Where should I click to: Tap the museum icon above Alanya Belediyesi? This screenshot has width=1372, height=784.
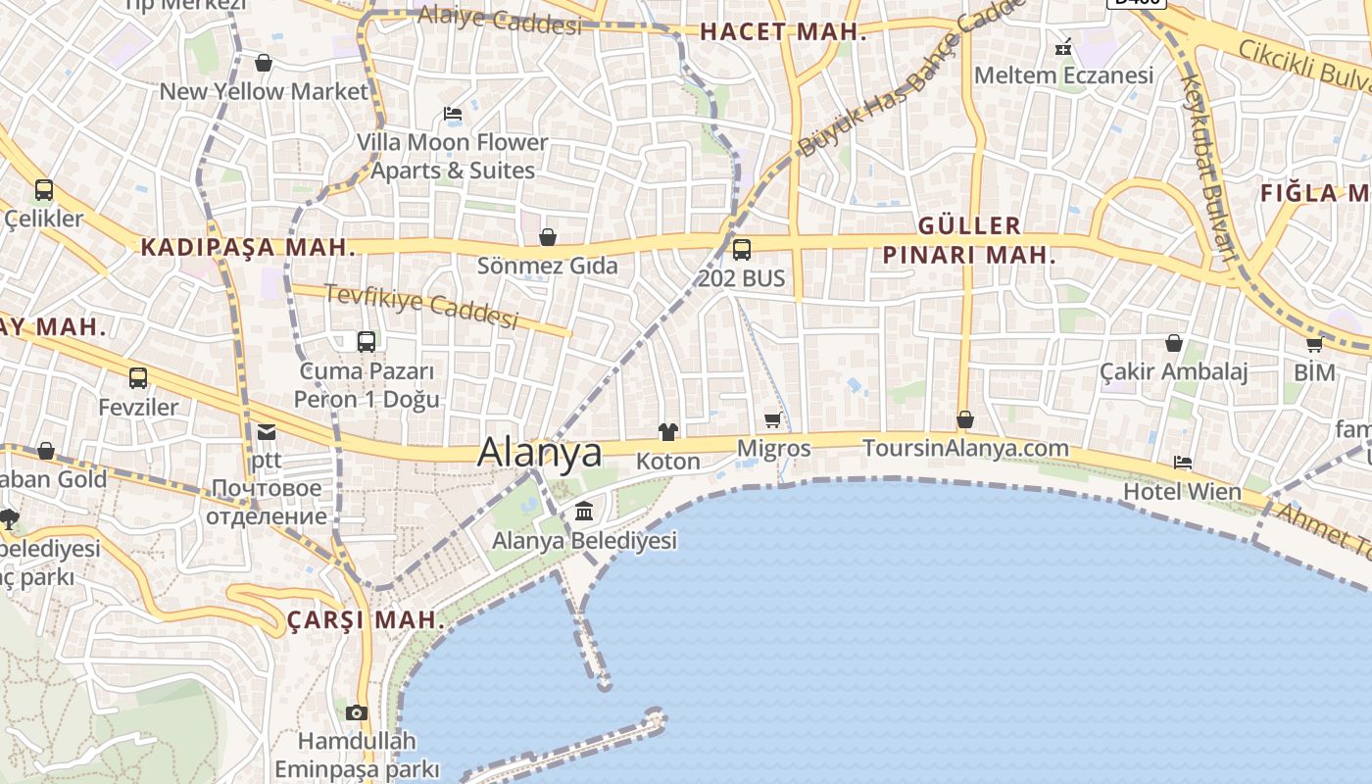coord(584,511)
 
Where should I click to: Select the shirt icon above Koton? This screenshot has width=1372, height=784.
coord(668,431)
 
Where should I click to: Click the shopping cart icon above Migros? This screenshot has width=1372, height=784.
coord(772,420)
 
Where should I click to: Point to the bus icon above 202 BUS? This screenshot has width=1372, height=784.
coord(742,249)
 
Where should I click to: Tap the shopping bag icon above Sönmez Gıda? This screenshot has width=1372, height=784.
coord(548,237)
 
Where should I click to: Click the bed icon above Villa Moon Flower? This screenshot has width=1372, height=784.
coord(453,115)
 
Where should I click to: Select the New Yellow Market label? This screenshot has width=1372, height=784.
coord(264,92)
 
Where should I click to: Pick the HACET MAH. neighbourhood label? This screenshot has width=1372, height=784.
coord(783,32)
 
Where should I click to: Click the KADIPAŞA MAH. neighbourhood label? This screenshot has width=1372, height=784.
coord(248,247)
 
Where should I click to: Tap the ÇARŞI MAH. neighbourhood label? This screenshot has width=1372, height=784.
coord(366,620)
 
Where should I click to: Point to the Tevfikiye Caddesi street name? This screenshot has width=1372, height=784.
coord(420,306)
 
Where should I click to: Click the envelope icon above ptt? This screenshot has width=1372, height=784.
coord(267,431)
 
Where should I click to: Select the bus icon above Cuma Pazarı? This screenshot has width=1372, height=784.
coord(367,342)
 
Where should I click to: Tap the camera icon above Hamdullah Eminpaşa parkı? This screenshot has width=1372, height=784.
coord(357,712)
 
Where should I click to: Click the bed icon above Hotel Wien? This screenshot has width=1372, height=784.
coord(1183,463)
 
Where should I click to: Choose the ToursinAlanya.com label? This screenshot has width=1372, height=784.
coord(965,448)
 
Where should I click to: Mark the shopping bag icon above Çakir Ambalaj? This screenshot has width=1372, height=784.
coord(1174,343)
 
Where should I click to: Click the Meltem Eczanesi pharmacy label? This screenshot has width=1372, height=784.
coord(1063,75)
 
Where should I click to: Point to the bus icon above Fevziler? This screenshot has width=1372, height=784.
coord(138,377)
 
